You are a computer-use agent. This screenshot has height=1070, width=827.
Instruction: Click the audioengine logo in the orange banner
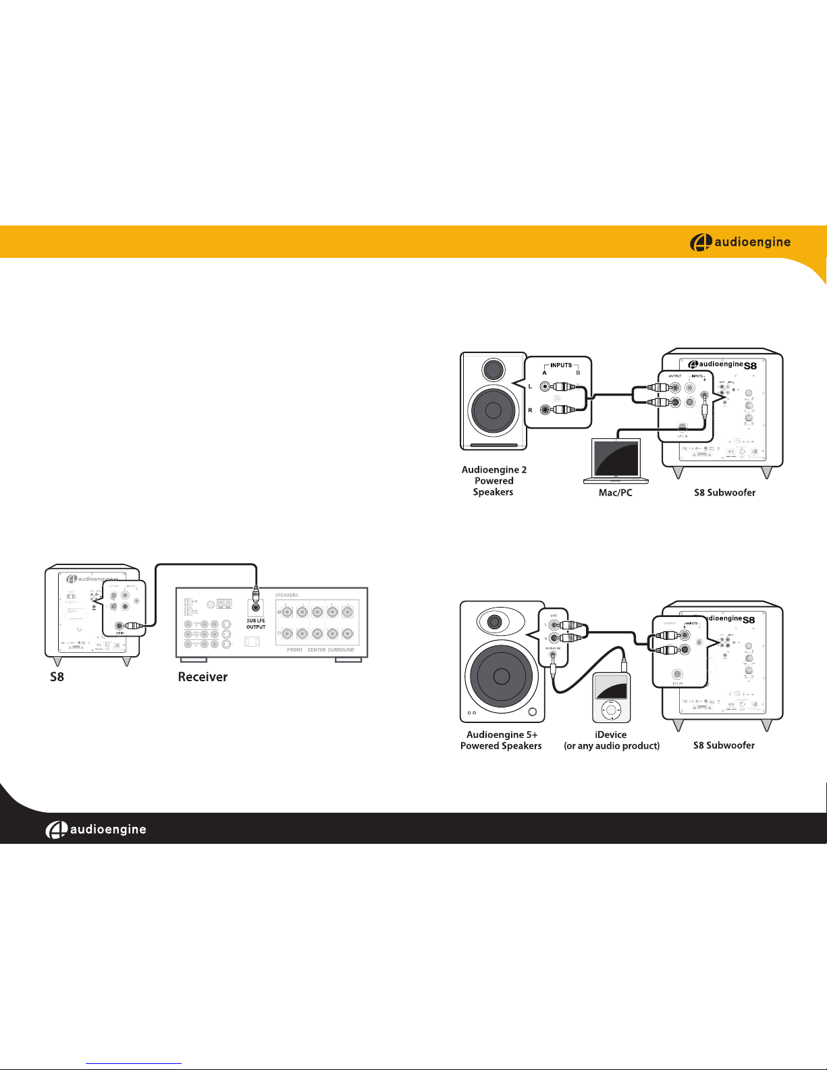[x=740, y=242]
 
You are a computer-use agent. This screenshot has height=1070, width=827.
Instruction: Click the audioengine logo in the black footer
[x=96, y=830]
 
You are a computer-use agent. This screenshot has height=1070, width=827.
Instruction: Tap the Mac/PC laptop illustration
[x=616, y=461]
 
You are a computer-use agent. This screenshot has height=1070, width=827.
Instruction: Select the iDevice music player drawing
[x=611, y=697]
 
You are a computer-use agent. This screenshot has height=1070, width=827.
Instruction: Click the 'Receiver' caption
[x=203, y=676]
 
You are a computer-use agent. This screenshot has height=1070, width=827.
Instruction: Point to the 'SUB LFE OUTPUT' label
[x=256, y=624]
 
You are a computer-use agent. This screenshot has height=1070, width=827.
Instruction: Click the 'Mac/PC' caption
[x=615, y=493]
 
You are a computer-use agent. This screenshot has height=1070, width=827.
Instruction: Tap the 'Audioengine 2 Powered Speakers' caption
[x=493, y=481]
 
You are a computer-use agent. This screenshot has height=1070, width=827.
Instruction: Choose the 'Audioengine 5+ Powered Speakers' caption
[x=501, y=740]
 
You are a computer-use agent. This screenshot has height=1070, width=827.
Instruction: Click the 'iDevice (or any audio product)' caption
[x=612, y=740]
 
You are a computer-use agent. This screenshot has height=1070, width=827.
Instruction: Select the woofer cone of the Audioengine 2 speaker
[x=493, y=410]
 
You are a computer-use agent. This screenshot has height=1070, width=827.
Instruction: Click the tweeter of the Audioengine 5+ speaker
[x=495, y=622]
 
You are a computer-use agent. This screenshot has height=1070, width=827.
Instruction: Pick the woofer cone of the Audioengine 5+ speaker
[x=501, y=676]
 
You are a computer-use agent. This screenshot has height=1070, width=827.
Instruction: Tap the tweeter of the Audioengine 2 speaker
[x=493, y=369]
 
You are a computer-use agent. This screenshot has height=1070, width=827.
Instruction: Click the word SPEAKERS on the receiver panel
[x=287, y=595]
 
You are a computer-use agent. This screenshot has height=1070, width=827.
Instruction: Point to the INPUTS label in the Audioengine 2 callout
[x=561, y=365]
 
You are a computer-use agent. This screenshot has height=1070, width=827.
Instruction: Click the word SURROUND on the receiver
[x=341, y=650]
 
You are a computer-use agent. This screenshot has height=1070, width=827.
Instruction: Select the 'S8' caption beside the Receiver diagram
[x=57, y=676]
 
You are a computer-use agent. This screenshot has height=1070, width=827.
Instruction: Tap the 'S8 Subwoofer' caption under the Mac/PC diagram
[x=724, y=493]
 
